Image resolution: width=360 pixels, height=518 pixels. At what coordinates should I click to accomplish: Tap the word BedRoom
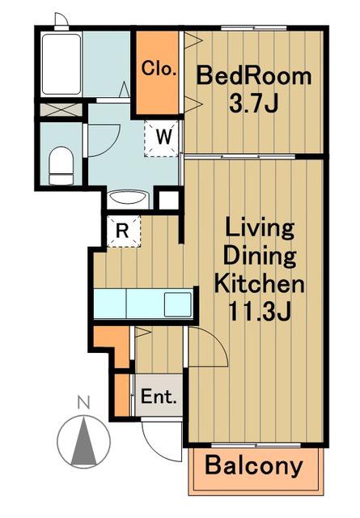[254, 76]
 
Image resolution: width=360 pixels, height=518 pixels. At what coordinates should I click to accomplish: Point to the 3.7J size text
[254, 104]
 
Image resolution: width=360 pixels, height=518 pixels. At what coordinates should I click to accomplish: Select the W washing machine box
[163, 138]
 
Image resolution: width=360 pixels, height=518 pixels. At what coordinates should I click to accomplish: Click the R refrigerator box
[123, 231]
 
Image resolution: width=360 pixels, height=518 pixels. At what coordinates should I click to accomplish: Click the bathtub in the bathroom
[61, 64]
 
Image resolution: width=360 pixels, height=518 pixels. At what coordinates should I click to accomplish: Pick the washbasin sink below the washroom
[128, 198]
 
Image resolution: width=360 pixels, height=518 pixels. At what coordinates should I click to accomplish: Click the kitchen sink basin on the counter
[178, 304]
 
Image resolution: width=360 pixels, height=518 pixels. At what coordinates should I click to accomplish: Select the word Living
[259, 228]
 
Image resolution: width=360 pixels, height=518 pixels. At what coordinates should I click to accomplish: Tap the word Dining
[259, 257]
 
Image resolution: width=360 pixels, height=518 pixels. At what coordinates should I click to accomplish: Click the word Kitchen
[259, 283]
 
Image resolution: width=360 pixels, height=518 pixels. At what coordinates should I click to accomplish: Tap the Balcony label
[254, 466]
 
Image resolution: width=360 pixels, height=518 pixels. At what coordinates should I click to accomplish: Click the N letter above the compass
[83, 402]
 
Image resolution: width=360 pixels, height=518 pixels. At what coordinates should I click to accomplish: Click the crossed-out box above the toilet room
[61, 110]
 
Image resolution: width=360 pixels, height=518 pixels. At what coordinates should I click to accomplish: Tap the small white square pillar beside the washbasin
[168, 199]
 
